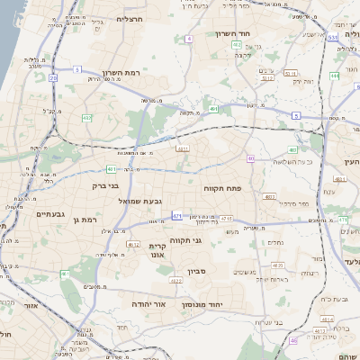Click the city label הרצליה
pyautogui.click(x=130, y=18)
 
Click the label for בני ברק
pyautogui.click(x=106, y=186)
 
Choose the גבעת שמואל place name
pyautogui.click(x=139, y=200)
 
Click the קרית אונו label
pyautogui.click(x=156, y=249)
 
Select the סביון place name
pyautogui.click(x=198, y=269)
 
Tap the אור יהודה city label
pyautogui.click(x=148, y=305)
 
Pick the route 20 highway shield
pyautogui.click(x=53, y=78)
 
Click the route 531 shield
pyautogui.click(x=333, y=37)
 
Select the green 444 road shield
pyautogui.click(x=334, y=76)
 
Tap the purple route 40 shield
pyautogui.click(x=250, y=159)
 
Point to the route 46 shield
pyautogui.click(x=293, y=341)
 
